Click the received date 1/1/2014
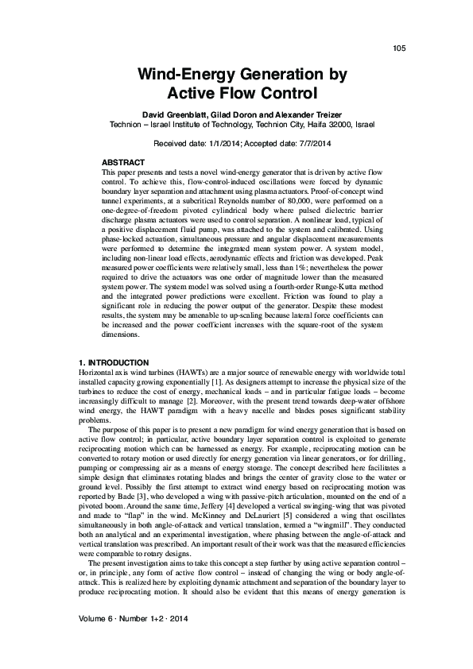[221, 143]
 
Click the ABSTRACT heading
[123, 162]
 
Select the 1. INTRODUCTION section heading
[114, 362]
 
